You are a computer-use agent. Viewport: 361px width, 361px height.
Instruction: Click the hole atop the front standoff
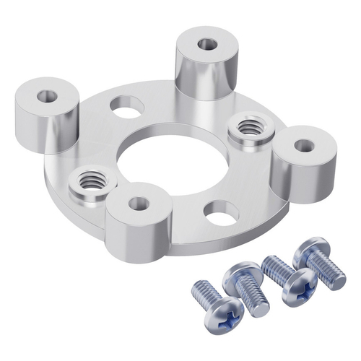(139, 204)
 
